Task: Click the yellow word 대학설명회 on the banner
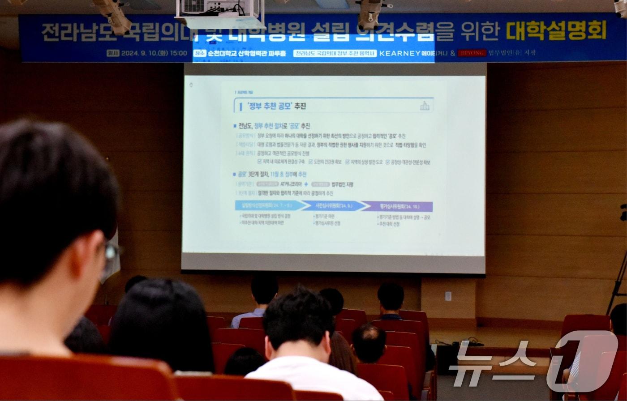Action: [x=556, y=31]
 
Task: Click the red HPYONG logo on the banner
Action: [x=472, y=53]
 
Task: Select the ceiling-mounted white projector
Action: [x=219, y=13]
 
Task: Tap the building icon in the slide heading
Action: [x=425, y=106]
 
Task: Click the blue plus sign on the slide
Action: [x=306, y=184]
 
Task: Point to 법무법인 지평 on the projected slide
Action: [x=342, y=184]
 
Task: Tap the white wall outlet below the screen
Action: [x=448, y=296]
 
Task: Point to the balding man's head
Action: [x=369, y=342]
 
